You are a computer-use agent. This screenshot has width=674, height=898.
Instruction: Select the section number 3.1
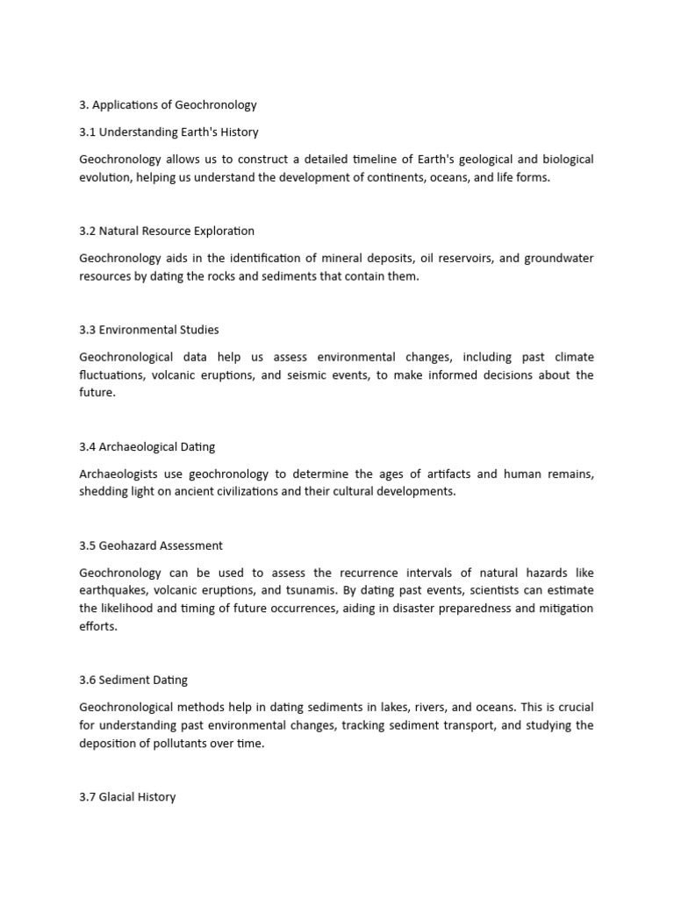87,132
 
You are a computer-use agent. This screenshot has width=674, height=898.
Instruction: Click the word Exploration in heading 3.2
223,232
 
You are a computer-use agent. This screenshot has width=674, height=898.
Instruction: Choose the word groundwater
557,259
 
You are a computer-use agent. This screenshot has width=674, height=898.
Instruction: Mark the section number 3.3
88,331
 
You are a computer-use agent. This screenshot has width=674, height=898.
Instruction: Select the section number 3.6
88,681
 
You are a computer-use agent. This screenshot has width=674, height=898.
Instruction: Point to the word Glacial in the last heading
118,798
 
